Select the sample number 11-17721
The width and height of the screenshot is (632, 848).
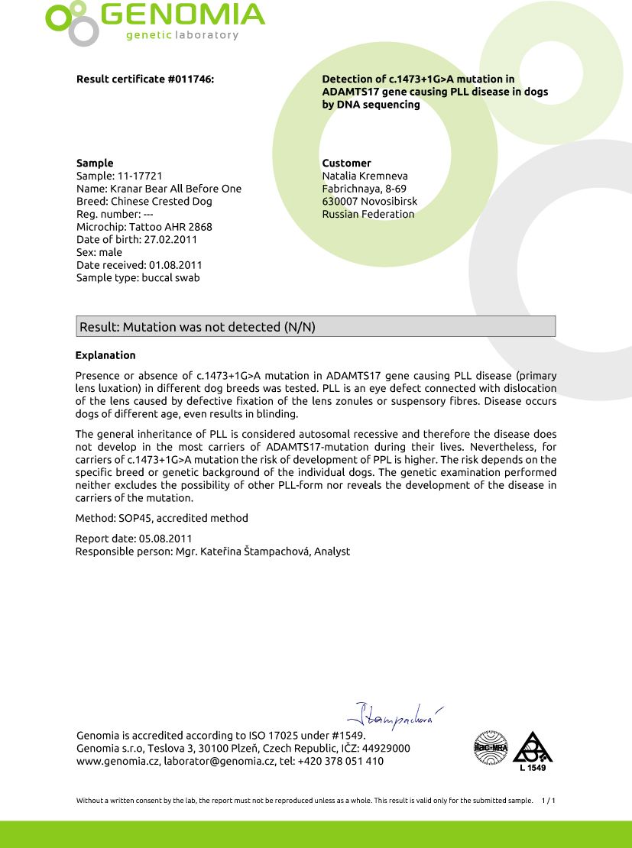coord(141,176)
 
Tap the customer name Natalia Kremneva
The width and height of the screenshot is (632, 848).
coord(365,176)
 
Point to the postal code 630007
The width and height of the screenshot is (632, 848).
coord(339,202)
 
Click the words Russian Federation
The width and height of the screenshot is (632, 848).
coord(368,214)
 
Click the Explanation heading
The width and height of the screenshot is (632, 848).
coord(105,355)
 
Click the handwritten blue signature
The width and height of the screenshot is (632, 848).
coord(394,714)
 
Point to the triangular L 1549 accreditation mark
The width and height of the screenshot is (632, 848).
coord(532,749)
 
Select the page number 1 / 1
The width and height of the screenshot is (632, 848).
coord(547,801)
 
